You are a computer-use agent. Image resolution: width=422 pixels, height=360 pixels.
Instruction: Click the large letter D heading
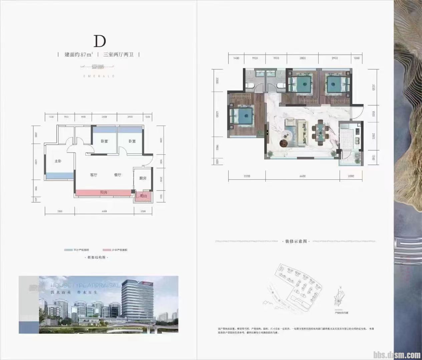tap(99, 41)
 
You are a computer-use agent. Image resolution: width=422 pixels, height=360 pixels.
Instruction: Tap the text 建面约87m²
tap(79, 54)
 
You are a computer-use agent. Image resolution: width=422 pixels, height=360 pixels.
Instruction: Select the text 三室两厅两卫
tap(118, 54)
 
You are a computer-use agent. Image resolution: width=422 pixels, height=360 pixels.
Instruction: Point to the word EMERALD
tap(99, 76)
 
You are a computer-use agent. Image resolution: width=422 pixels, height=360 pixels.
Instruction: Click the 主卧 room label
tap(58, 161)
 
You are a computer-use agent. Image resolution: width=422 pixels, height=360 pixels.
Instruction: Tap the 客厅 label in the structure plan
tap(94, 175)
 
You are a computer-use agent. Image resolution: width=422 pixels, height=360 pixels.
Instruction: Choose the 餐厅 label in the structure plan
tap(117, 175)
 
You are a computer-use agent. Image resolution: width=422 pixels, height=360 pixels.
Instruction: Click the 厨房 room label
tap(143, 178)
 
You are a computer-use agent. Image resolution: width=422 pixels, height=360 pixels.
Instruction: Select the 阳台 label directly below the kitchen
tap(143, 196)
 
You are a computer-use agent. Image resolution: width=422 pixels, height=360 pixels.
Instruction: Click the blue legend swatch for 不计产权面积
tap(68, 250)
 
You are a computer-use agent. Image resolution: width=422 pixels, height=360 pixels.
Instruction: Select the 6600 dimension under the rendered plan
tap(303, 176)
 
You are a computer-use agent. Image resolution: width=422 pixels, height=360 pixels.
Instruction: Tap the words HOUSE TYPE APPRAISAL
tap(85, 286)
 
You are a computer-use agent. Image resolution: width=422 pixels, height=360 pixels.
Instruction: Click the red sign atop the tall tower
tap(147, 283)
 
